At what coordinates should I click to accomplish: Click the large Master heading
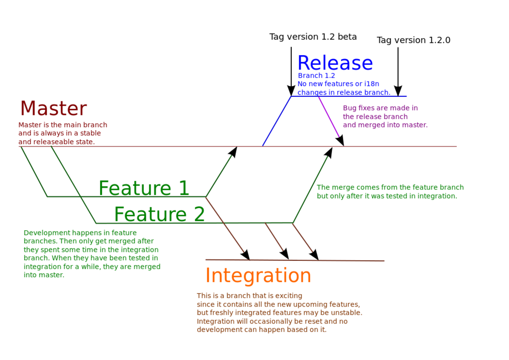[x=53, y=109]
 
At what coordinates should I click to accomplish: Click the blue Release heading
[x=335, y=63]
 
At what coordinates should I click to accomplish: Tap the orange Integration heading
[x=258, y=276]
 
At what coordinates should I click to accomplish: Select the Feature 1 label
[x=143, y=188]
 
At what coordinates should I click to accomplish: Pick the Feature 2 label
[x=159, y=215]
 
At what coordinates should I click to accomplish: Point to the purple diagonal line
[x=329, y=117]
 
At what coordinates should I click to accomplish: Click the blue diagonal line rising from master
[x=276, y=121]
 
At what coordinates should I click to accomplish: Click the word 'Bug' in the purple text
[x=350, y=108]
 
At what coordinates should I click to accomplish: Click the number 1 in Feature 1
[x=183, y=188]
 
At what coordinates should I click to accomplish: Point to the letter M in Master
[x=28, y=109]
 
